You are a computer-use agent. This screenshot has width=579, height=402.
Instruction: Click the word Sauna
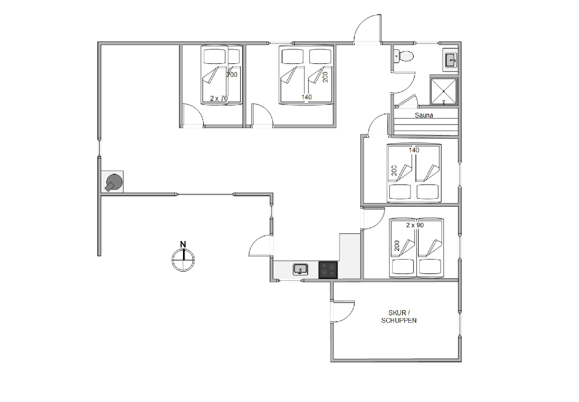424,115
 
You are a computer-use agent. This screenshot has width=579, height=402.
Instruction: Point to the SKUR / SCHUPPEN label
399,317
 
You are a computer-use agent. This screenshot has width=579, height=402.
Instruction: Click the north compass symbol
183,260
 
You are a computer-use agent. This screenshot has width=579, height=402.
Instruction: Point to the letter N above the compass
183,244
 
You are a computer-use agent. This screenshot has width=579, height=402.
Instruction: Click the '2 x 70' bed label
219,98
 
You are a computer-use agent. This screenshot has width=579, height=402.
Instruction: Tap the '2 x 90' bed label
415,225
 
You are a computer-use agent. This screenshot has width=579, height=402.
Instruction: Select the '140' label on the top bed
307,97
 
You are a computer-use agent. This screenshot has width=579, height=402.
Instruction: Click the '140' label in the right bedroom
414,150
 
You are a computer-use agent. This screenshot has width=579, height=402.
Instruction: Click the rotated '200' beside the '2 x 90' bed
397,246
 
